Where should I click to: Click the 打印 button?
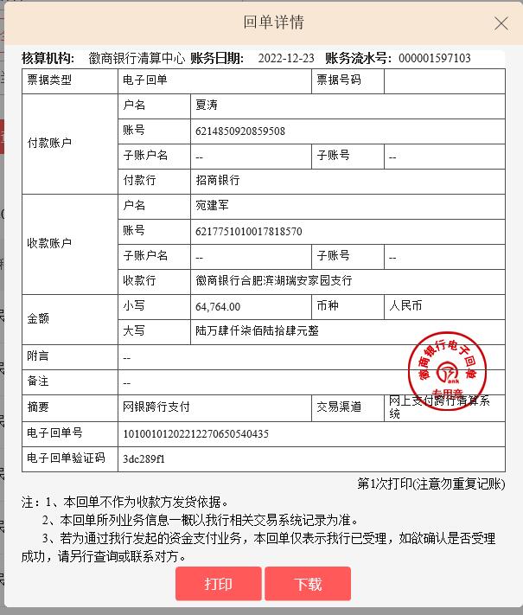tap(218, 584)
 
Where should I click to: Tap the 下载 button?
tap(308, 584)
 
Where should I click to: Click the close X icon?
tap(501, 24)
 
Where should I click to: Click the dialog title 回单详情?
tap(274, 22)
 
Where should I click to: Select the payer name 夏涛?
tap(206, 106)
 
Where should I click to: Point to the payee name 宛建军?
tap(212, 206)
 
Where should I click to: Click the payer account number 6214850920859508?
tap(240, 131)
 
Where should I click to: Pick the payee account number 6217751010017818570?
tap(249, 231)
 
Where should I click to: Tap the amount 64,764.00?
tap(218, 306)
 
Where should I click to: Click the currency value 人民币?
tap(406, 306)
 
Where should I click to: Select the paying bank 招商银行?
tap(218, 181)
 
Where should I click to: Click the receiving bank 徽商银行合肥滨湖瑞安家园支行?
tap(274, 281)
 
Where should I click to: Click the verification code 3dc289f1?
tap(144, 458)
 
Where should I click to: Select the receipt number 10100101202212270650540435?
tap(196, 433)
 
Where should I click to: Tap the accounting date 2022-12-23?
tap(287, 59)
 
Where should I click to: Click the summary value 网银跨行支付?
tap(156, 406)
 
